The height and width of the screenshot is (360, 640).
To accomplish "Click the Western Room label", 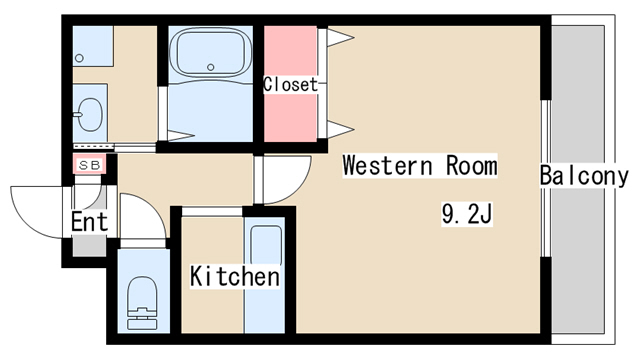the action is click(420, 165).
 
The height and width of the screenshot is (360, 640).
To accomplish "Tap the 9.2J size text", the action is click(467, 213).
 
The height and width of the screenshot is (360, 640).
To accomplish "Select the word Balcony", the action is click(584, 176).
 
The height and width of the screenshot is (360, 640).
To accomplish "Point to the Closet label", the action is click(290, 84).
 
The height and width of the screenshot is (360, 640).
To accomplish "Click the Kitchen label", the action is click(235, 276).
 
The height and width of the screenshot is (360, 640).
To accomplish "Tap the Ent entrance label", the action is click(89, 222).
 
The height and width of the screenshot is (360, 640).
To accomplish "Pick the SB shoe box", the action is click(90, 165).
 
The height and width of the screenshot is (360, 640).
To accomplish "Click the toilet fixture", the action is click(142, 303).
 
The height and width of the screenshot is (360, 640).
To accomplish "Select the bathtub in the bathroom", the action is click(210, 52).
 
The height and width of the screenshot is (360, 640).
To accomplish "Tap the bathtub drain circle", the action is click(211, 67).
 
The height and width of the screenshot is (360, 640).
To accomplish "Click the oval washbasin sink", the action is click(90, 114).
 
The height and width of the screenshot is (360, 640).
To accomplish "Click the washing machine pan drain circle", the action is click(80, 58).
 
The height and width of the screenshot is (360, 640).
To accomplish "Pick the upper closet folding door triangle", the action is click(340, 38).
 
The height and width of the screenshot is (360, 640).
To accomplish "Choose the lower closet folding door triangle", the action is click(340, 129).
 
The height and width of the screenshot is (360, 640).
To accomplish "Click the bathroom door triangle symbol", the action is click(181, 136).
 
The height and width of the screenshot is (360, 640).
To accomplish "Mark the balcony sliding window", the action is click(546, 178).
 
